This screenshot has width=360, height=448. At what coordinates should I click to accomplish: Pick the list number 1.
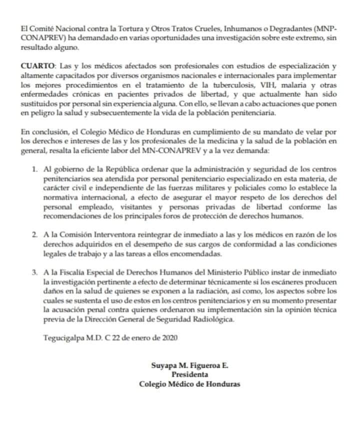click(x=34, y=170)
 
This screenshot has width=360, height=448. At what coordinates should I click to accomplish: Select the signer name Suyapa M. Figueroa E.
click(x=189, y=365)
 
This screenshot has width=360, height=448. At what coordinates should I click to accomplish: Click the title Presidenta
click(x=189, y=374)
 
